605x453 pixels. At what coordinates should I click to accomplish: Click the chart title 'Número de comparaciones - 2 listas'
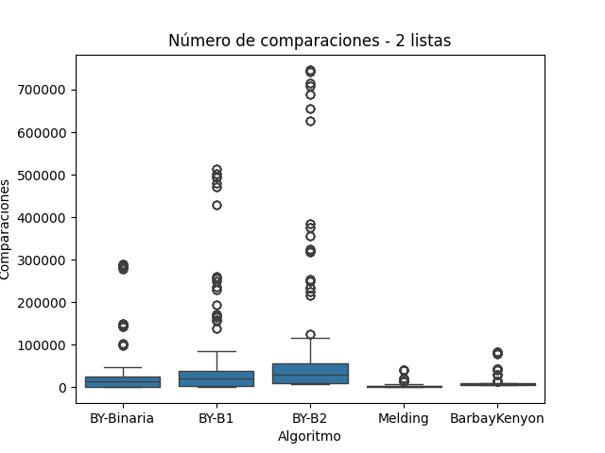point(309,41)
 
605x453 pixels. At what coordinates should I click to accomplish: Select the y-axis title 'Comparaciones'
point(7,229)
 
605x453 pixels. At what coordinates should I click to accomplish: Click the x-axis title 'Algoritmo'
point(309,436)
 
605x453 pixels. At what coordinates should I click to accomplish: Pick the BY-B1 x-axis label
point(216,418)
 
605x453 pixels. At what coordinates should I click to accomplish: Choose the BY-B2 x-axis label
point(310,418)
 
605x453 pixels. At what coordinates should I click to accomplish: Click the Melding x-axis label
point(404,418)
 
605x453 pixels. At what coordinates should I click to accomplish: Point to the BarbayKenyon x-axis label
point(497,418)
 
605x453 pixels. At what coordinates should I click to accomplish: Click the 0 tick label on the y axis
point(63,388)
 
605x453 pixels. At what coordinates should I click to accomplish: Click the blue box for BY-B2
point(310,374)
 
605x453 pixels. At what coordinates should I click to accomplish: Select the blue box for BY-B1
point(216,378)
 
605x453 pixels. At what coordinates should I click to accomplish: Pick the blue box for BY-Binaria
point(123,381)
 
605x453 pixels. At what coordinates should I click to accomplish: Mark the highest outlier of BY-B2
point(310,71)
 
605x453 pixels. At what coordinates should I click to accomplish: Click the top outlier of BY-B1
point(216,170)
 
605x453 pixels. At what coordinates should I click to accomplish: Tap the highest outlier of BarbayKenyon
point(497,353)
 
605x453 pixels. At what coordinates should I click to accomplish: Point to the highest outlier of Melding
point(404,371)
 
